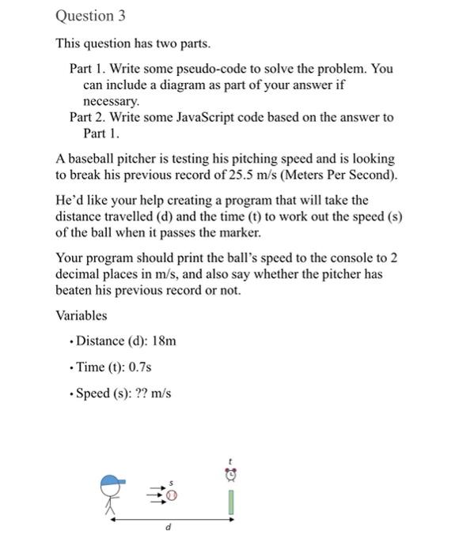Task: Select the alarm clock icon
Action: pos(230,474)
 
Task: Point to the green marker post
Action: pos(230,501)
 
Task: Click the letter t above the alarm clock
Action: pos(230,459)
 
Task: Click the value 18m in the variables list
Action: pos(163,341)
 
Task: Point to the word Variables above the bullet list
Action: pos(81,315)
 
